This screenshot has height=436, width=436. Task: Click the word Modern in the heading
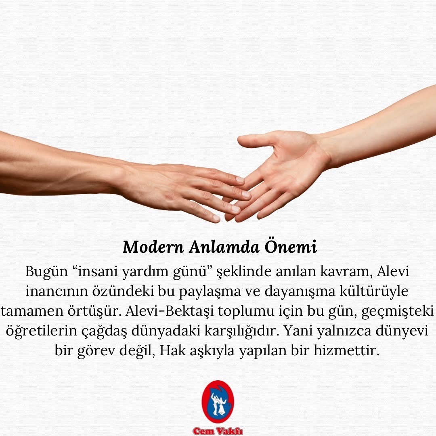click(x=153, y=247)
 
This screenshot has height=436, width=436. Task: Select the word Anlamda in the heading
click(x=224, y=247)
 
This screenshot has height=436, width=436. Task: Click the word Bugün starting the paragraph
click(x=46, y=271)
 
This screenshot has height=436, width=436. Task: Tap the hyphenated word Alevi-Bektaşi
click(x=170, y=311)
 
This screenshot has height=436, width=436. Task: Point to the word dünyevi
click(x=402, y=331)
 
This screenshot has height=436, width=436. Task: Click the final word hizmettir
click(x=346, y=350)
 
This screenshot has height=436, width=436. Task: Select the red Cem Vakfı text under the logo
click(x=218, y=431)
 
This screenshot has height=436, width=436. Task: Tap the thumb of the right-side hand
click(x=256, y=140)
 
